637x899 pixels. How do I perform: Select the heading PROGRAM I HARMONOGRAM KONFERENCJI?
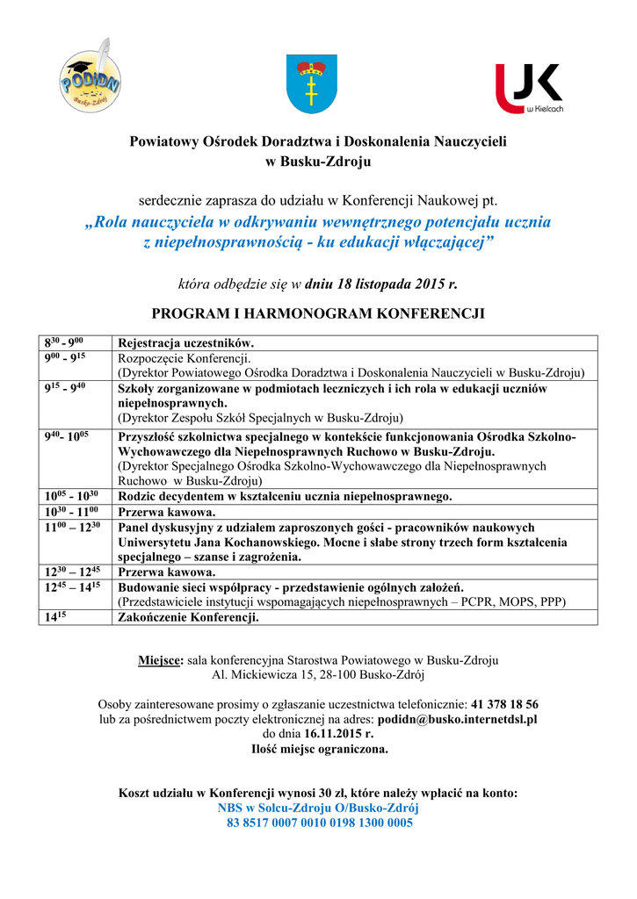[318, 313]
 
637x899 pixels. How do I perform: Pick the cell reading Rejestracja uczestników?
[186, 343]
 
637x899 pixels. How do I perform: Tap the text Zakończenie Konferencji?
[188, 617]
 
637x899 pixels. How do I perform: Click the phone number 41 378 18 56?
[504, 704]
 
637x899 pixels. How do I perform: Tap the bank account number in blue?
[319, 823]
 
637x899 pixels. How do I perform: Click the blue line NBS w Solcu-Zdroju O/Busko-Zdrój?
[318, 809]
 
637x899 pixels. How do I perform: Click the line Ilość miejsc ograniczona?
[319, 749]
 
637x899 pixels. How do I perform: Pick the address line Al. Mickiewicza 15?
[318, 674]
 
